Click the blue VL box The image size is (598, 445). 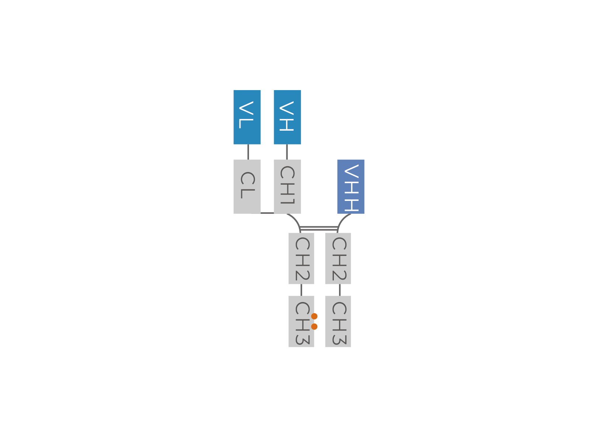[247, 117]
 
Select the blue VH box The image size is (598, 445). [287, 117]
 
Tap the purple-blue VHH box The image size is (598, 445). [351, 186]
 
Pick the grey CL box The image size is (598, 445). [247, 186]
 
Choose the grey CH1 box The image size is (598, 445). [287, 186]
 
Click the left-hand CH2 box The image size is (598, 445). [301, 259]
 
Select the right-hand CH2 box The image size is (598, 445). [338, 259]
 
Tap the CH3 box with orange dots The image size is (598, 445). [301, 321]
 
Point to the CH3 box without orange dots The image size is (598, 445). [338, 321]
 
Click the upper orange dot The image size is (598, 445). [314, 316]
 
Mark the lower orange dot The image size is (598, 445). [314, 327]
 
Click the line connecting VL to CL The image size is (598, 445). [248, 152]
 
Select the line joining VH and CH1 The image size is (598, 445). [287, 152]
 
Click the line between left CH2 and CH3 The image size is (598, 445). [301, 290]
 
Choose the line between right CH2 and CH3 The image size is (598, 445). [340, 290]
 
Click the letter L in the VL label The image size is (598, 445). [246, 124]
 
